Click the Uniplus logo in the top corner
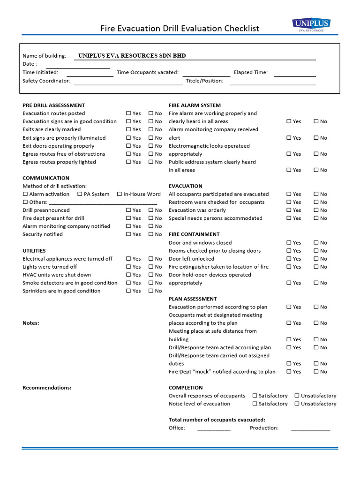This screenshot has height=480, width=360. click(311, 25)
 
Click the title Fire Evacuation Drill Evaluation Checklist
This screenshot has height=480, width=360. click(180, 29)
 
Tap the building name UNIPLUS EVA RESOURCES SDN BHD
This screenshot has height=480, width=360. click(132, 56)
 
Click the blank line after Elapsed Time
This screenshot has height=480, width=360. click(294, 73)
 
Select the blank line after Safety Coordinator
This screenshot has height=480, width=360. click(127, 82)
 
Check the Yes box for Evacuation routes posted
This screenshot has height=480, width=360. click(129, 113)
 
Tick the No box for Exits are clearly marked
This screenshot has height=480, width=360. click(151, 129)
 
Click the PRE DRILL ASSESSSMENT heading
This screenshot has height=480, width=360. click(53, 105)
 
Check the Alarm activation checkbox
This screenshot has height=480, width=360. click(25, 194)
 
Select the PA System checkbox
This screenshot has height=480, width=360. click(80, 194)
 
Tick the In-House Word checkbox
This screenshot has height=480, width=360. click(120, 194)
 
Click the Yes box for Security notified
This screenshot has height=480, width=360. click(129, 234)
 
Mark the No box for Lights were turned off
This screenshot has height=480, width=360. click(151, 267)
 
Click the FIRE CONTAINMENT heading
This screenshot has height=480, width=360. click(194, 234)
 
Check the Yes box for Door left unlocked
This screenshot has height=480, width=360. click(289, 259)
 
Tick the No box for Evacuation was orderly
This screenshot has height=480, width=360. click(316, 210)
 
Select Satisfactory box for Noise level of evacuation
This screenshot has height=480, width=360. click(255, 404)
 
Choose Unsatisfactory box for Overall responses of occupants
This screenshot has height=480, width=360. click(297, 396)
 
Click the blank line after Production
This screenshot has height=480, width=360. click(310, 428)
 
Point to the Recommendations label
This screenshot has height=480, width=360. click(47, 388)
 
